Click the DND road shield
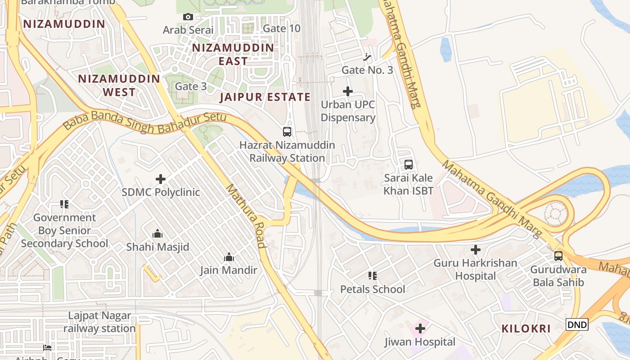click(x=577, y=324)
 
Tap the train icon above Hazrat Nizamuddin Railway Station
click(x=287, y=132)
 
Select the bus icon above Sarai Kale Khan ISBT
click(x=409, y=165)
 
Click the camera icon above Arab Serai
click(x=188, y=17)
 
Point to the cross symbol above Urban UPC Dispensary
click(x=348, y=91)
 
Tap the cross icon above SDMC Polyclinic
click(x=161, y=179)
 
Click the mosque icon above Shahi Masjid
click(x=157, y=234)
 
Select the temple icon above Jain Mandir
click(x=229, y=257)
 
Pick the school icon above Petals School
click(x=372, y=275)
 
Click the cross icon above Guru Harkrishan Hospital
click(x=476, y=249)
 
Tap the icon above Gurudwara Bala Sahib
click(x=558, y=256)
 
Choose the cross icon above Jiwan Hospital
click(x=420, y=328)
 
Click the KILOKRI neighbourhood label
click(x=526, y=328)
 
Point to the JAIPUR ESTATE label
click(x=265, y=97)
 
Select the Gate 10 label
click(x=281, y=28)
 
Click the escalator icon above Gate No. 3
click(x=368, y=57)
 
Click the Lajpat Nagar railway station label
click(x=99, y=322)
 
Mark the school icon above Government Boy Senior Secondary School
click(x=64, y=204)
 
